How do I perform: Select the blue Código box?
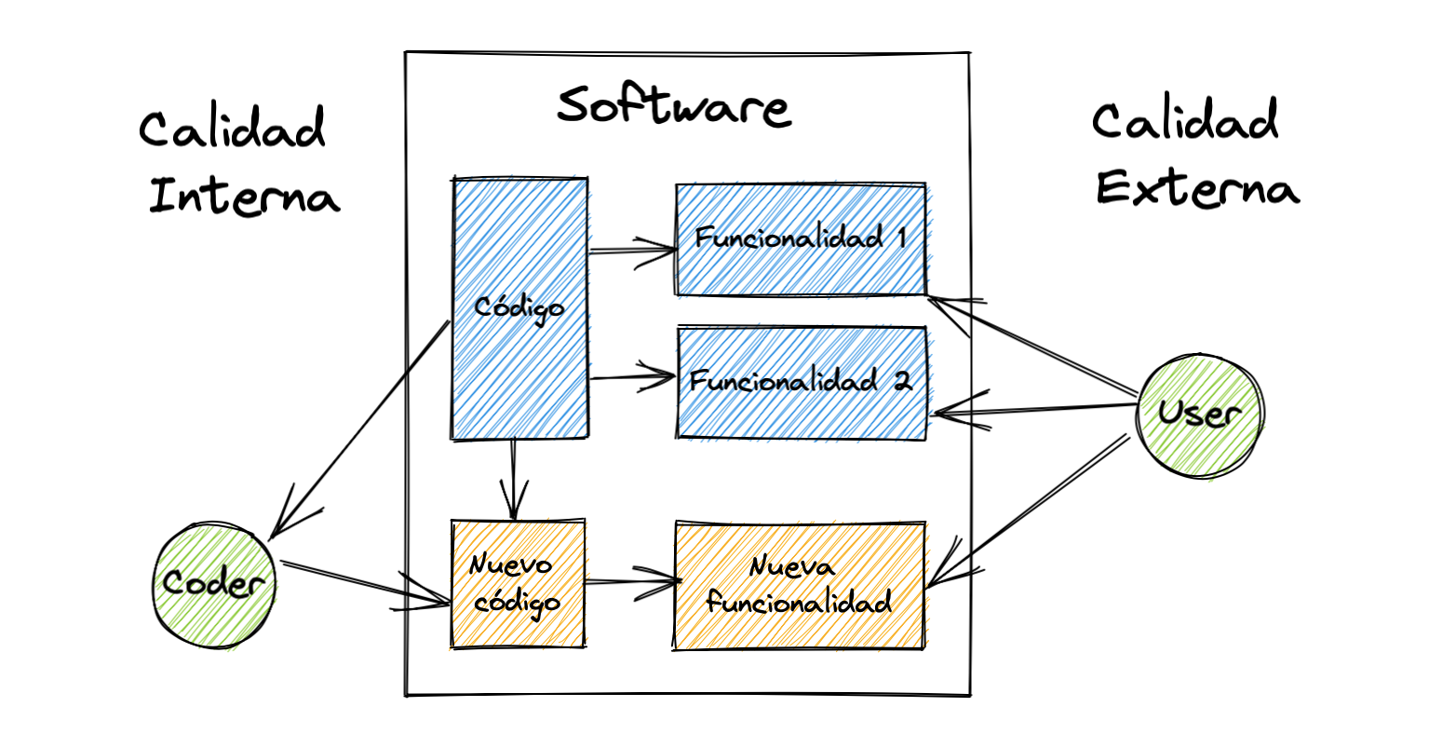[x=519, y=307]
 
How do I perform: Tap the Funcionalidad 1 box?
[x=801, y=239]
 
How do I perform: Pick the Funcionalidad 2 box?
[x=801, y=382]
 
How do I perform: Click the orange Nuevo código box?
[x=518, y=584]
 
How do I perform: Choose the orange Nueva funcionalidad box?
[x=799, y=584]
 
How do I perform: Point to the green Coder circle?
[x=214, y=584]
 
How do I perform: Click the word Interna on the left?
[x=244, y=197]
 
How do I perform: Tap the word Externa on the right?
[x=1197, y=189]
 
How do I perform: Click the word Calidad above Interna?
[x=233, y=129]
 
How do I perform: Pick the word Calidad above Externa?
[x=1185, y=122]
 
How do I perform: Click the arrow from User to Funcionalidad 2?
[x=1033, y=410]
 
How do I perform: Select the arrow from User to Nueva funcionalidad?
[x=1029, y=512]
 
